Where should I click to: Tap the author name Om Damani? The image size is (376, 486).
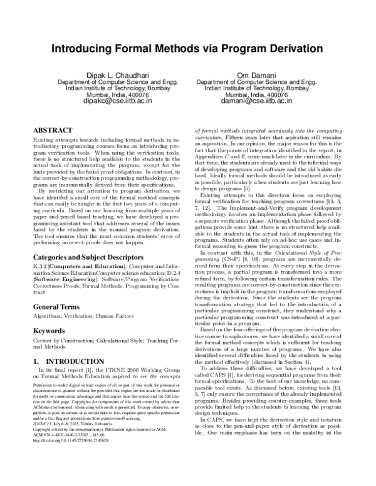pyautogui.click(x=254, y=75)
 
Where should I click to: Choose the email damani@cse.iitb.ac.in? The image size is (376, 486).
pyautogui.click(x=254, y=100)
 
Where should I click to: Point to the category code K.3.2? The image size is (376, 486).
pyautogui.click(x=39, y=250)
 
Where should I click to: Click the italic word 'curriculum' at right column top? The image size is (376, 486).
pyautogui.click(x=212, y=135)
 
